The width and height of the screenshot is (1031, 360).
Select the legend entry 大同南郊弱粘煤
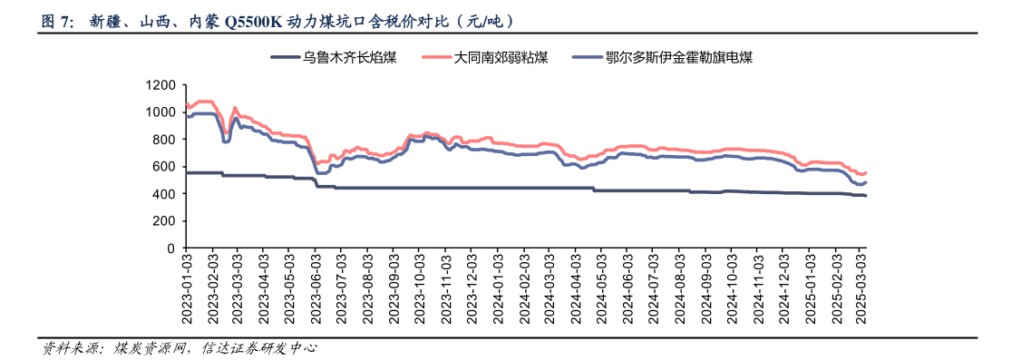click(x=501, y=58)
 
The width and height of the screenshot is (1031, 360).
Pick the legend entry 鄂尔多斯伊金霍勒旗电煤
click(x=679, y=58)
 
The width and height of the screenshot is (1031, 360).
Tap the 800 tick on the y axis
click(x=164, y=140)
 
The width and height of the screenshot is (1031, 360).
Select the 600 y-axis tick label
click(x=164, y=167)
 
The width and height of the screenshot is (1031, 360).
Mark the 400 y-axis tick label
click(x=164, y=194)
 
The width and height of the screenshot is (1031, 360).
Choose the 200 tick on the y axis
click(x=164, y=221)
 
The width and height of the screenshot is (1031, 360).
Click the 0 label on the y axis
click(x=170, y=248)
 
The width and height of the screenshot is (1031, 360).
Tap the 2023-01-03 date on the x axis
click(x=186, y=285)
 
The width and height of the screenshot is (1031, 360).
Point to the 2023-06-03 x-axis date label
click(x=316, y=285)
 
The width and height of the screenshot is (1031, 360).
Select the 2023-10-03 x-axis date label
click(x=420, y=285)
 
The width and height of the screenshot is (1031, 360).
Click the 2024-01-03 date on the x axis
click(x=498, y=285)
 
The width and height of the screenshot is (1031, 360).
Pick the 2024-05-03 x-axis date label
click(x=602, y=285)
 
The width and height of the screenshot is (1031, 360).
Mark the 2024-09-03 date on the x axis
click(x=706, y=285)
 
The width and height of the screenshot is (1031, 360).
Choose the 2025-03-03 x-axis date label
click(x=862, y=285)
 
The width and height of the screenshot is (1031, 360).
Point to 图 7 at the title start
click(x=57, y=21)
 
